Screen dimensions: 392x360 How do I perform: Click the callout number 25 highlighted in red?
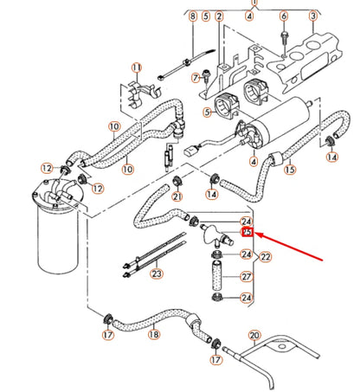coord(247,233)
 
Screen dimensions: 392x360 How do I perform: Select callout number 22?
coord(266,256)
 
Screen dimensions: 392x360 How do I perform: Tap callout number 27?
coord(246,277)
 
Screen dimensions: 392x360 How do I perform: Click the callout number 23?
coord(156,274)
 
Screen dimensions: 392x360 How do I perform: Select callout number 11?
coord(136,67)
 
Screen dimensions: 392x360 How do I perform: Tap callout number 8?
coord(193,30)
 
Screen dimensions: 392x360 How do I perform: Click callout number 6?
coord(284,16)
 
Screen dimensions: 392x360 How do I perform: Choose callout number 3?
coord(312,16)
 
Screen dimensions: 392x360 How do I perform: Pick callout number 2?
coord(219,16)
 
